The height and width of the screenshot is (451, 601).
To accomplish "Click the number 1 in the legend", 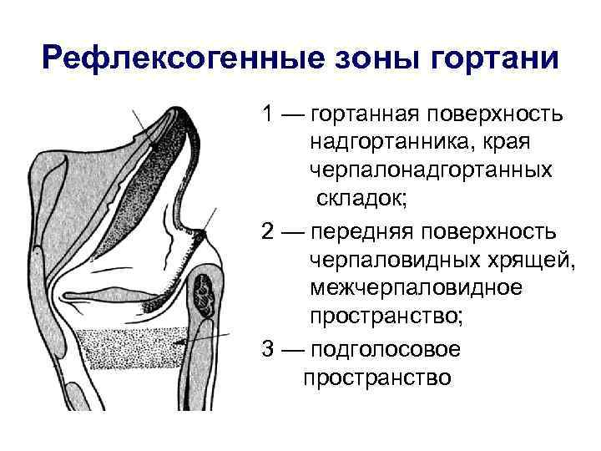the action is [x=270, y=114].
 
